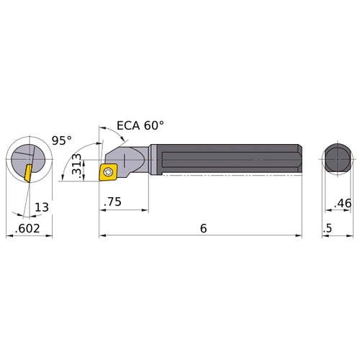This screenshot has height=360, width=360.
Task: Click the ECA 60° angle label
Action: [140, 125]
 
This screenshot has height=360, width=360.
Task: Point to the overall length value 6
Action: [203, 228]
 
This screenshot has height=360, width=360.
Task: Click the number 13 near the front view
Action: [42, 208]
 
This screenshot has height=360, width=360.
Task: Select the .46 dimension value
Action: [343, 204]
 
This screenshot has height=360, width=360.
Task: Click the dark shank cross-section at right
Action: [336, 160]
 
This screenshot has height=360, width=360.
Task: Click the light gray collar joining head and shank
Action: [153, 159]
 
